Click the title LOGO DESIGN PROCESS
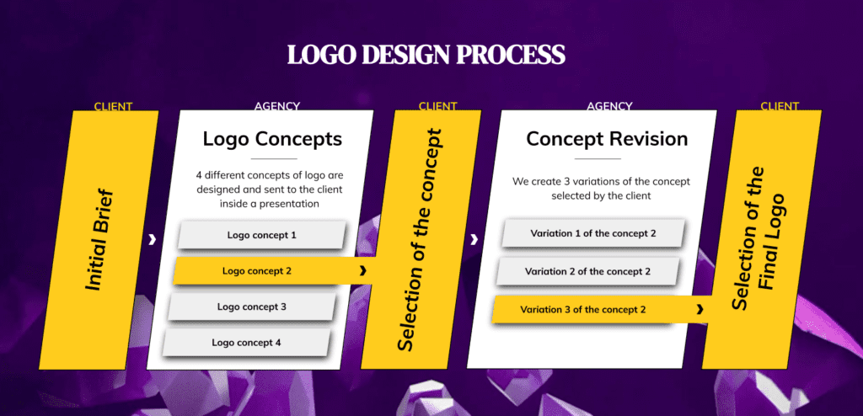(426, 55)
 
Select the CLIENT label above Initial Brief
(113, 106)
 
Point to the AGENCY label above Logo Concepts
(276, 106)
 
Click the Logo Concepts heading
(272, 139)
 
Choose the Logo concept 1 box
(261, 235)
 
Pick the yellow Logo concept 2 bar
(273, 270)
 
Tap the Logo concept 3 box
(251, 307)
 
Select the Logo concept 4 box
(246, 342)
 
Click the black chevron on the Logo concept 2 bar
(362, 270)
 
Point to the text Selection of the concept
(420, 240)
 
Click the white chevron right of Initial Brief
(153, 239)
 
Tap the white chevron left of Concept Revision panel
(474, 239)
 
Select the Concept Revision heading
(607, 139)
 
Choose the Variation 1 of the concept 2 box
(592, 233)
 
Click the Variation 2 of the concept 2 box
(587, 271)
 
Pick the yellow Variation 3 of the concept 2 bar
(602, 309)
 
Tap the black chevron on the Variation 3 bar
(700, 309)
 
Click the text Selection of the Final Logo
(759, 238)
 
